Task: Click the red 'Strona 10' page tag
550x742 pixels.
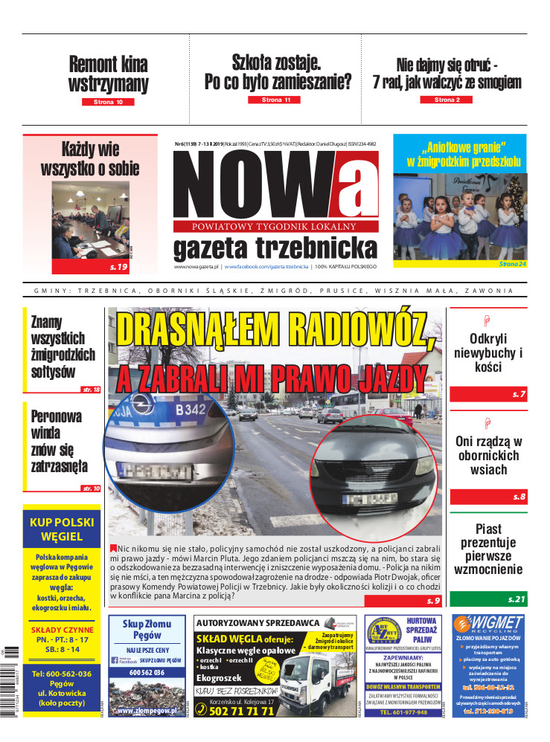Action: point(108,101)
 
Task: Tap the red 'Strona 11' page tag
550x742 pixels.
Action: point(276,99)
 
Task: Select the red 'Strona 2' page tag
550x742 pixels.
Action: point(447,99)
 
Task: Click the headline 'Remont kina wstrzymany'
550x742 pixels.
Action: point(108,74)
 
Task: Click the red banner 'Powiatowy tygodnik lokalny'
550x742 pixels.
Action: point(275,226)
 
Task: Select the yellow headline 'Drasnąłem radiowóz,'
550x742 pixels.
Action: point(276,328)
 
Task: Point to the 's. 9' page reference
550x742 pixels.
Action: point(434,599)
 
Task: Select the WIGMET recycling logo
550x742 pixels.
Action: point(488,624)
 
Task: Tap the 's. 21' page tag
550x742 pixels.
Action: point(517,599)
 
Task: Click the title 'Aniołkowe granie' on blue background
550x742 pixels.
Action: point(459,152)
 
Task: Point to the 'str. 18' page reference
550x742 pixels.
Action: point(92,390)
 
